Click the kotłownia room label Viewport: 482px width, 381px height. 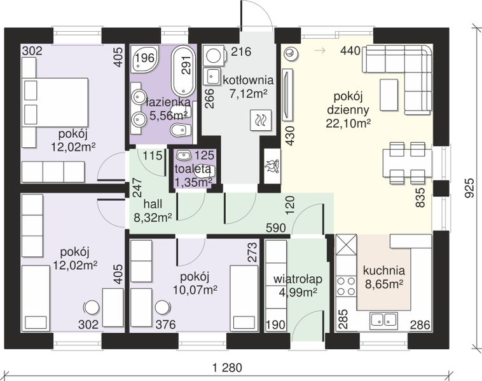pos(248,81)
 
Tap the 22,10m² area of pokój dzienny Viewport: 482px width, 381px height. pos(348,123)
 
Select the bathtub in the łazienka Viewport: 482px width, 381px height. pos(184,70)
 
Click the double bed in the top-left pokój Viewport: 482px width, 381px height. pos(55,102)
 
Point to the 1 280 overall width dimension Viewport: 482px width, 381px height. pos(228,368)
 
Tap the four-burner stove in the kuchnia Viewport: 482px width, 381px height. pos(347,286)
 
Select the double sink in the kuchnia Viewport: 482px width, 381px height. pos(383,319)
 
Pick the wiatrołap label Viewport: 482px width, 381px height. pos(298,279)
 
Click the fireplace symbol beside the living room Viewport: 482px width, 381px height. pos(272,166)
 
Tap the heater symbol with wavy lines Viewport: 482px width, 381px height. pos(261,120)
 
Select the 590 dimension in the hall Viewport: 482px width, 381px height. pos(276,228)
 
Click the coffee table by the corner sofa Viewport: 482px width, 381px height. pos(389,95)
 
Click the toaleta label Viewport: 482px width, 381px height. pos(193,169)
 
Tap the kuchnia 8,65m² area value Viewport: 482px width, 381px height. pos(384,284)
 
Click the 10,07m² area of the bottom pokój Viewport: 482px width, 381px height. pos(195,290)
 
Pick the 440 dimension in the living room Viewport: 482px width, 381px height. pos(350,51)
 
